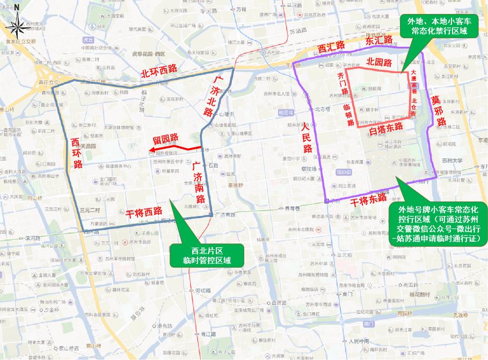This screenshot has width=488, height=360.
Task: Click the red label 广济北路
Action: coord(212,97)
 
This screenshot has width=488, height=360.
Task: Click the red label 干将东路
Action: coord(368,197)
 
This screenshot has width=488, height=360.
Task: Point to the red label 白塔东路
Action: coord(386,127)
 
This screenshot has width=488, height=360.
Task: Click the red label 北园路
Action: coord(378,62)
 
